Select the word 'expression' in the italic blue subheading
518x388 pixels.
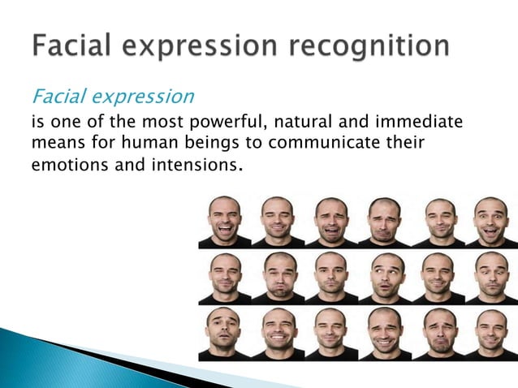click(143, 97)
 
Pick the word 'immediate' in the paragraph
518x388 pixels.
click(421, 123)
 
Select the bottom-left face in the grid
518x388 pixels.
click(224, 330)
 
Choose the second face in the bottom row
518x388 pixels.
click(278, 330)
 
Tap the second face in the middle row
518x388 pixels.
click(278, 275)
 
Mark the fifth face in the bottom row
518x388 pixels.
click(438, 330)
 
